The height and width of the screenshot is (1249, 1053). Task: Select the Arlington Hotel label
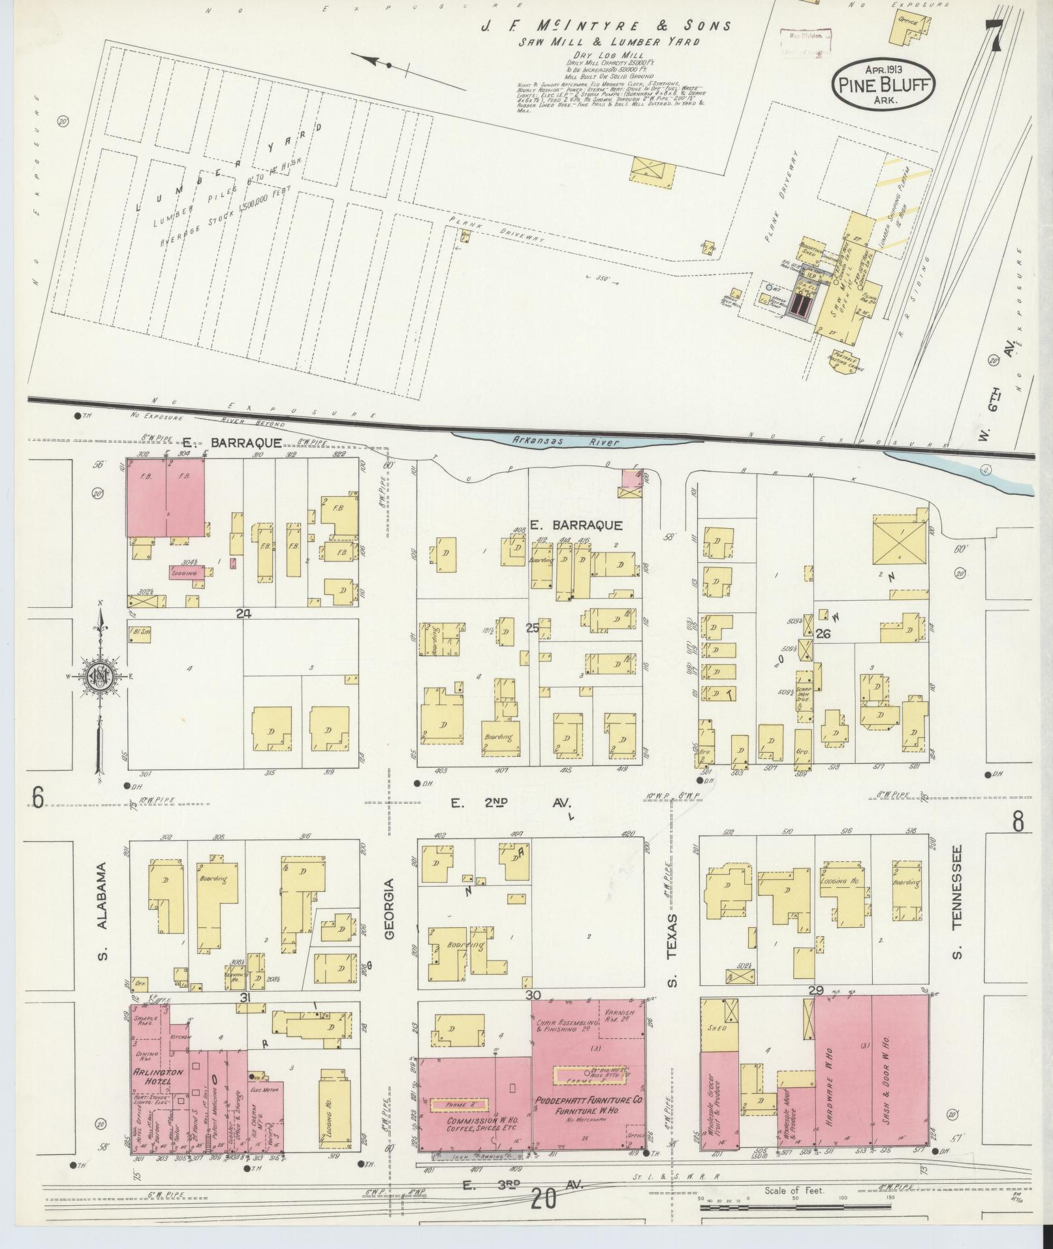click(x=149, y=1077)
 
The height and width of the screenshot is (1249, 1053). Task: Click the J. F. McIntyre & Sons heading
click(x=606, y=27)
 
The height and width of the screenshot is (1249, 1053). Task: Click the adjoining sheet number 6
click(x=37, y=798)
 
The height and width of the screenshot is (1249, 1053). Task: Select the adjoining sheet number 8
click(x=1018, y=823)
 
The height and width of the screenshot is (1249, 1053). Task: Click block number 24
click(x=244, y=613)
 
